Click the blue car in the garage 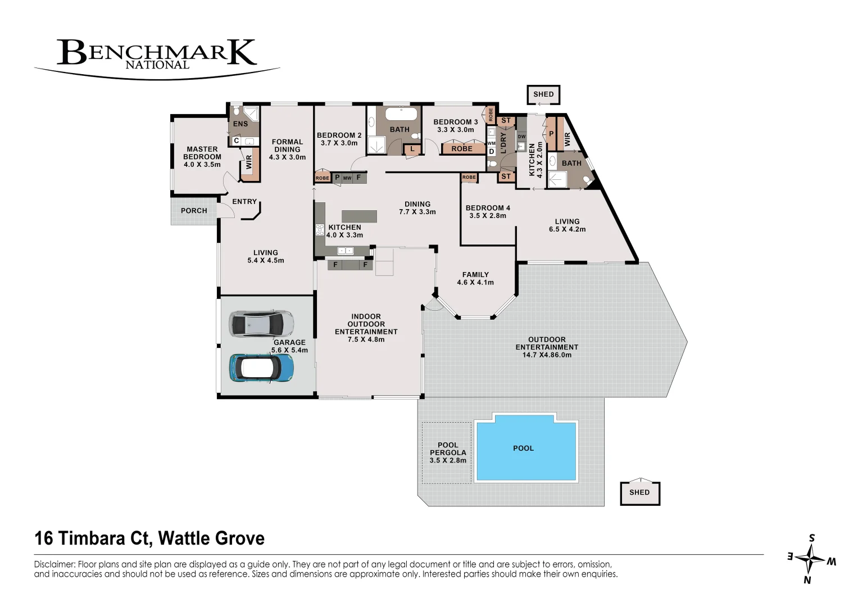point(262,368)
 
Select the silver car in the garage point(262,324)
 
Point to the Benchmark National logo point(157,58)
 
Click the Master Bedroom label point(202,157)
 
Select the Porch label point(194,210)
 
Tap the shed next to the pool point(640,493)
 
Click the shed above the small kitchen point(543,94)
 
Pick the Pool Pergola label point(448,452)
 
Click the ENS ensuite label point(240,124)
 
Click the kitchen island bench point(359,216)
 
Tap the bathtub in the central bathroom point(401,114)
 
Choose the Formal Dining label point(287,146)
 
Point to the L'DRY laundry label point(503,143)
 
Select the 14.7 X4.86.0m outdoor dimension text point(547,355)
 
